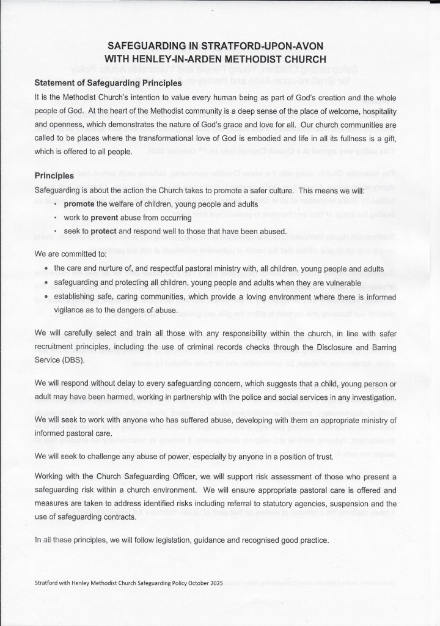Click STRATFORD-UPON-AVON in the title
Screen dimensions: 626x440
pyautogui.click(x=269, y=46)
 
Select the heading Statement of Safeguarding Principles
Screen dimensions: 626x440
pyautogui.click(x=108, y=83)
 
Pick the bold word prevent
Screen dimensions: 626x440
pyautogui.click(x=105, y=218)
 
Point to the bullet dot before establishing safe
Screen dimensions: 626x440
pyautogui.click(x=46, y=296)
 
